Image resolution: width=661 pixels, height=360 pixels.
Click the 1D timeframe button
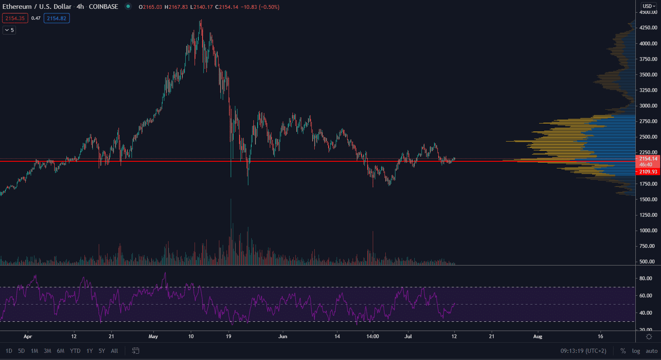tap(9, 351)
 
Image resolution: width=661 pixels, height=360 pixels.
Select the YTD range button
tap(75, 351)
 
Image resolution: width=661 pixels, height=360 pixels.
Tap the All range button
tap(114, 351)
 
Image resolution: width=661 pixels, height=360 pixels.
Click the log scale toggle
tap(636, 351)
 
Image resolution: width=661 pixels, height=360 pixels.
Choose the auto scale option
tap(651, 351)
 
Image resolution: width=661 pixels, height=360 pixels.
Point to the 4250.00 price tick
tap(648, 28)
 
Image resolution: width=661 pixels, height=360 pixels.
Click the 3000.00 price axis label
tap(648, 106)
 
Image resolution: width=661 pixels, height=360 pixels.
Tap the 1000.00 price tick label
tap(648, 231)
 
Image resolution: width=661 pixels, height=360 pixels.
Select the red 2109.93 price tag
tap(648, 172)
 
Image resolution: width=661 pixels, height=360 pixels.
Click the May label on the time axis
tap(153, 336)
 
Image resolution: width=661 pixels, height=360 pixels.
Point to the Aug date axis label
tap(537, 336)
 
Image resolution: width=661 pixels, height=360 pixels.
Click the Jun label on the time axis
tap(283, 336)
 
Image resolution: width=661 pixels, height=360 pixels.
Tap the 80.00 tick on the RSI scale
tap(646, 279)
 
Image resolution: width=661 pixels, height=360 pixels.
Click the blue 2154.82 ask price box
tap(57, 18)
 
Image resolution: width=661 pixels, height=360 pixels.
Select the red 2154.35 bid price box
tap(15, 18)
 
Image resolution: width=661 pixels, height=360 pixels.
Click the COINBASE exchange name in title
tap(103, 7)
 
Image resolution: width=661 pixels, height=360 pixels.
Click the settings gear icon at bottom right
tap(649, 337)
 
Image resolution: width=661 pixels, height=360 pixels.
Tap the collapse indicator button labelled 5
tap(9, 30)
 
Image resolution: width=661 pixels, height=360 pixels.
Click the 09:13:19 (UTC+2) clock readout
tap(583, 351)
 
